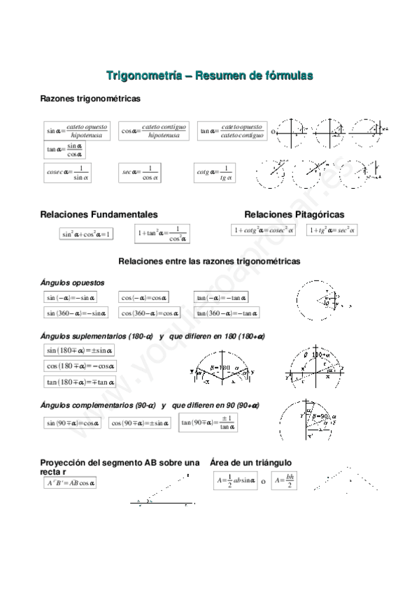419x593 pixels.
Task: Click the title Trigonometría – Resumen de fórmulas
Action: coord(209,75)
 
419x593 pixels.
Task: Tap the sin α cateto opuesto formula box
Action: coord(77,131)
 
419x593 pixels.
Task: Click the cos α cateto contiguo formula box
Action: coord(154,131)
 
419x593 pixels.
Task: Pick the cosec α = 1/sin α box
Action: coord(67,173)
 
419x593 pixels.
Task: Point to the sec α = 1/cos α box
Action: coord(140,173)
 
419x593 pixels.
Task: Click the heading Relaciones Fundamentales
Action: coord(99,214)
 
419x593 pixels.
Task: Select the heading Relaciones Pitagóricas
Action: coord(294,214)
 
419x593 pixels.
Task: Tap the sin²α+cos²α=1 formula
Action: coord(87,234)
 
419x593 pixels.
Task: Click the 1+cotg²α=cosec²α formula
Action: coord(264,229)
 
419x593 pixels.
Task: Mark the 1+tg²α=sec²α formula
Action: coord(332,229)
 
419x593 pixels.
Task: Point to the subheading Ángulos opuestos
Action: coord(73,283)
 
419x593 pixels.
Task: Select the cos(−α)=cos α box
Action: coord(144,297)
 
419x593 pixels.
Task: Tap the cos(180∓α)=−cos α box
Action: coord(80,366)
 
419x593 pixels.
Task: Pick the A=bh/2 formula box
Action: coord(285,481)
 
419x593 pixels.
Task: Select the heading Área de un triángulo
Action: coord(250,463)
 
